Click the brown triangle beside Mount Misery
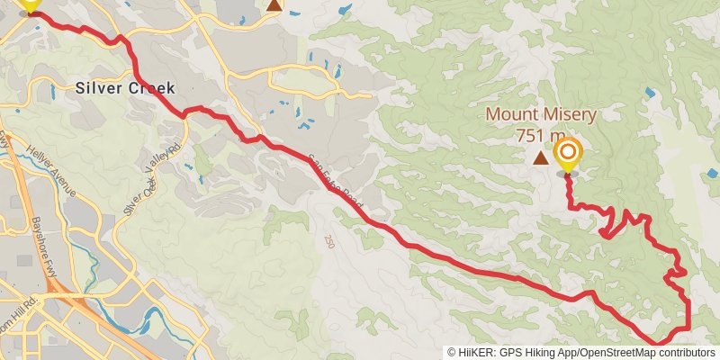(540, 158)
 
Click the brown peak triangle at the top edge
(274, 4)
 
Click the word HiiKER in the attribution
(476, 353)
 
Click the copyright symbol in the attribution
(452, 353)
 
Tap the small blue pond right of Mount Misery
(649, 93)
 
